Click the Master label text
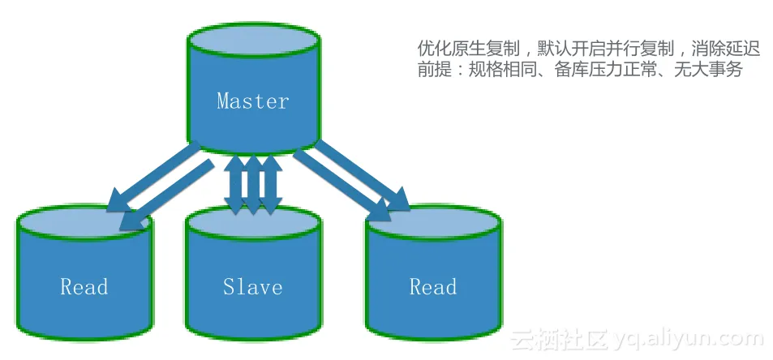252,101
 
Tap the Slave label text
252,287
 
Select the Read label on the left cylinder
84,287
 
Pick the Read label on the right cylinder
432,287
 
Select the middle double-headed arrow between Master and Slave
253,184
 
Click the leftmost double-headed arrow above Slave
234,184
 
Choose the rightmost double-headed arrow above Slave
271,184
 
